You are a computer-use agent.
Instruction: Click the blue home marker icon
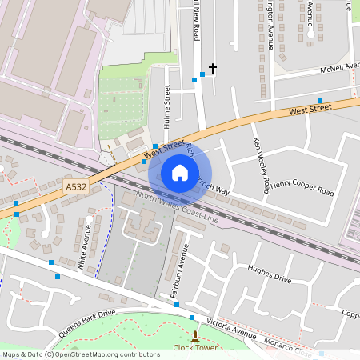pos(180,173)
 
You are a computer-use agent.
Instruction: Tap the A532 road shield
pos(76,186)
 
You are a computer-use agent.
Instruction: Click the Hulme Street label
pos(167,106)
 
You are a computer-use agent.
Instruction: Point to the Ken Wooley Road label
pos(261,166)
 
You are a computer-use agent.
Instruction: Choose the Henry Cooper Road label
pos(302,188)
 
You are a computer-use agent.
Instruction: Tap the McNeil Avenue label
pos(329,68)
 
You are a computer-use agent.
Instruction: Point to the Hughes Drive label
pos(269,274)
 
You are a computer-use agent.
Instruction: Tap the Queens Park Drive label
pos(86,322)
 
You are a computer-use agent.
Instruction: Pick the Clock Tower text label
pos(195,348)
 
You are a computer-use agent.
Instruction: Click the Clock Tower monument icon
pos(194,336)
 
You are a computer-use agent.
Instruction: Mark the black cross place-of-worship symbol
pos(213,69)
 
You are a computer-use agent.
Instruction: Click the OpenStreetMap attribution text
pos(80,354)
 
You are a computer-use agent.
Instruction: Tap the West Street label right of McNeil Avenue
pos(310,110)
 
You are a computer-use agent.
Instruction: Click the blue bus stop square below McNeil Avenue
pos(319,100)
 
